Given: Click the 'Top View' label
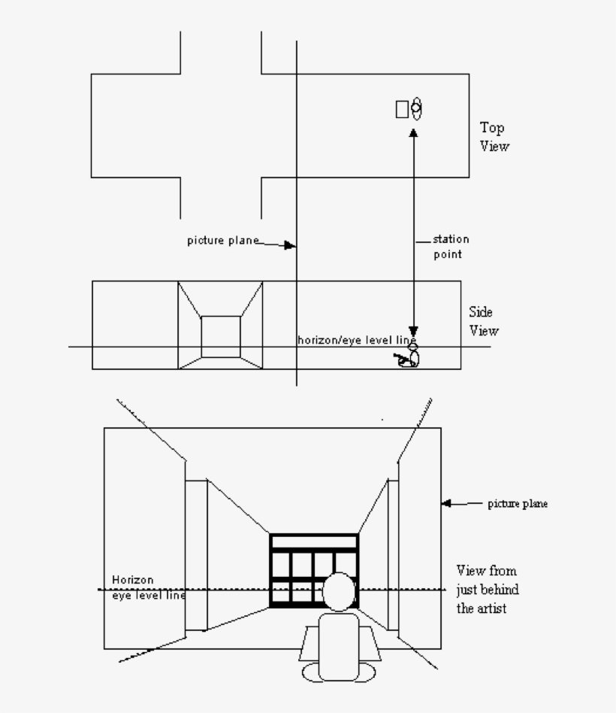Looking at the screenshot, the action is coord(494,137).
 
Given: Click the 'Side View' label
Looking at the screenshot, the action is coord(483,321).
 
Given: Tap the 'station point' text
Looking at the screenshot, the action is coord(451,247).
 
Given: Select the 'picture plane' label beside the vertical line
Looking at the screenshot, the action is coord(223,240).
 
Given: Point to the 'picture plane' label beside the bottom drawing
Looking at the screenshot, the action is coord(518,503).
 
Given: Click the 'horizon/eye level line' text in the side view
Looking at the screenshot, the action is coord(357,340).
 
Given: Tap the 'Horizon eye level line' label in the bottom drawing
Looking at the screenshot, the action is coord(149,587).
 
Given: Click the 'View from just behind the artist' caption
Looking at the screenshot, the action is coord(487,590).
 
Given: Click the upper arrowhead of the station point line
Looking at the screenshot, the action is coord(413,133).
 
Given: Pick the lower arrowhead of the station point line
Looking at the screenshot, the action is coord(413,331).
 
